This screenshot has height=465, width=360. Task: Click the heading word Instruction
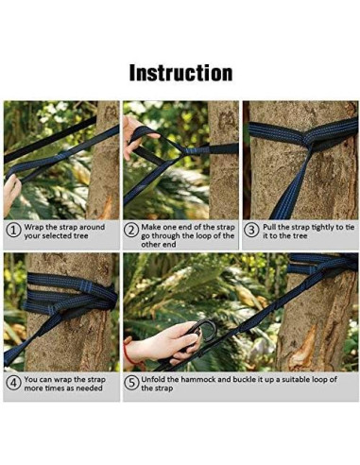(180, 73)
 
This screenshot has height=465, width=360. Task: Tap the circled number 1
(13, 231)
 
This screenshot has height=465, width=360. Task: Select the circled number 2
(131, 231)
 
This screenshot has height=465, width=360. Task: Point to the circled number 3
(251, 231)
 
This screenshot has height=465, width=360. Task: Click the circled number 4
(13, 384)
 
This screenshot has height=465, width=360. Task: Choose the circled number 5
(131, 384)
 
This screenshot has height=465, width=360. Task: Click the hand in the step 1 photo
(11, 192)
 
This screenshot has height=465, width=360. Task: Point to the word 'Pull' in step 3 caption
(269, 227)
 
